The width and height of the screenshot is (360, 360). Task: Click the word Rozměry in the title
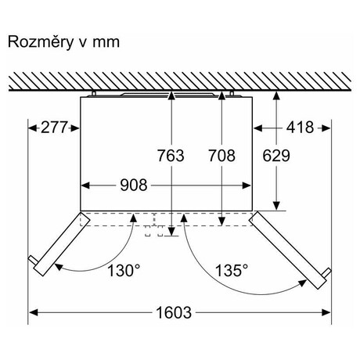(41, 41)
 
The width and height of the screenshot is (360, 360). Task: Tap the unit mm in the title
(106, 43)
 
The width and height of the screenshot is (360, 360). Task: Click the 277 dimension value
(54, 128)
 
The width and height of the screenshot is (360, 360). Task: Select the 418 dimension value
(300, 128)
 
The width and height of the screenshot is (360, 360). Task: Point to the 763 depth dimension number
(171, 156)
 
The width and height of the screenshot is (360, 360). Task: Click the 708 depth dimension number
(221, 156)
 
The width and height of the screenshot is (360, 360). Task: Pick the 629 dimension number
(276, 156)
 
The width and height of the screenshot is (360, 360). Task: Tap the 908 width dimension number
(134, 185)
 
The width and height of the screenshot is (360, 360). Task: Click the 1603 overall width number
(174, 312)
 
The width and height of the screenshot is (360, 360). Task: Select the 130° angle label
(124, 270)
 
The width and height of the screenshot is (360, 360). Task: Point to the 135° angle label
(232, 270)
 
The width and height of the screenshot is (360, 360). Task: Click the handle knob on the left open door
(33, 260)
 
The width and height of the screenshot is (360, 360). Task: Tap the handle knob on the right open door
(327, 272)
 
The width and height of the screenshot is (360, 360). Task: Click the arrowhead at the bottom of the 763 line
(171, 232)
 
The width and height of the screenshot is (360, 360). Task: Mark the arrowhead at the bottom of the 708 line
(221, 221)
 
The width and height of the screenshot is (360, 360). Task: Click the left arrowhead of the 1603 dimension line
(34, 312)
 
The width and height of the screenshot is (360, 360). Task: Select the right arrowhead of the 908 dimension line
(247, 185)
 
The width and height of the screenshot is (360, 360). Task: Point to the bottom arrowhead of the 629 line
(276, 206)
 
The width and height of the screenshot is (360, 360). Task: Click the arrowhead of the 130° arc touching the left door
(59, 267)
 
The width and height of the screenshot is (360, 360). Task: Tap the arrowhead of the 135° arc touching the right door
(303, 283)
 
